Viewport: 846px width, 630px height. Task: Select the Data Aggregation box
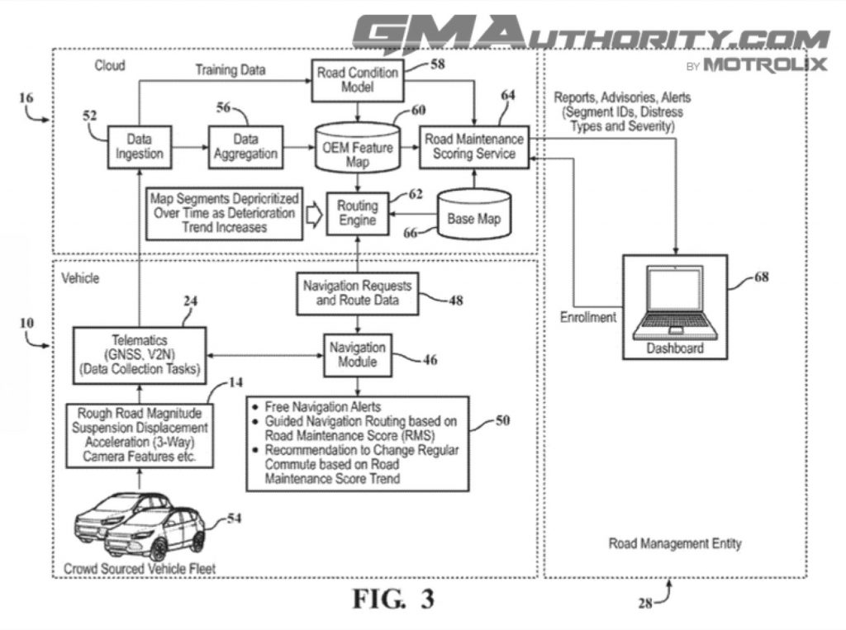click(245, 146)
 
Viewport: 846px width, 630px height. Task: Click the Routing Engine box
click(358, 212)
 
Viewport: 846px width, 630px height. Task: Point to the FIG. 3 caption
click(393, 598)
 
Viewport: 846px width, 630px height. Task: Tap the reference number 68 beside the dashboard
click(760, 277)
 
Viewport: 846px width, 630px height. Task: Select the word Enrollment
click(587, 317)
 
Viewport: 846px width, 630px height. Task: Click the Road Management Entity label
click(675, 543)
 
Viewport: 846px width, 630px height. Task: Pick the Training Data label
click(231, 70)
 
